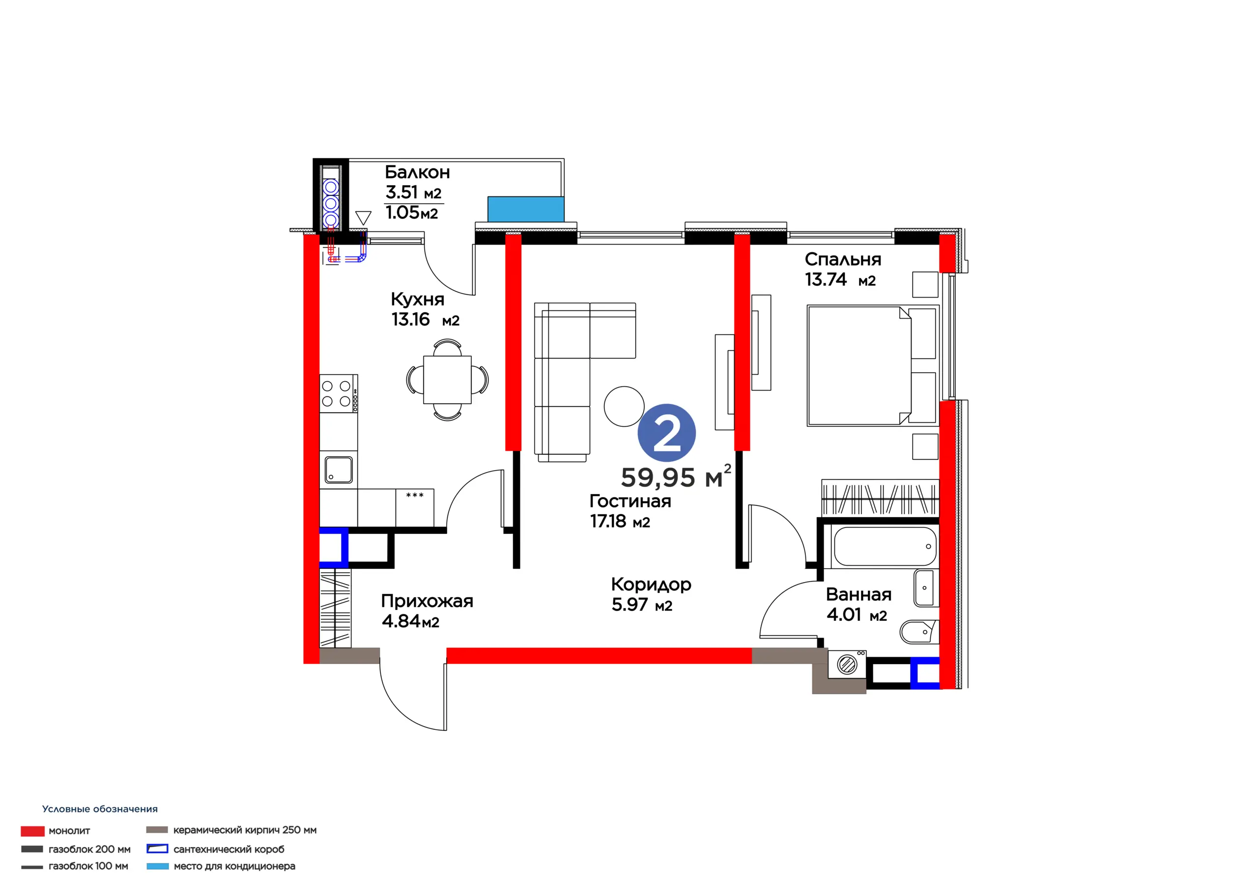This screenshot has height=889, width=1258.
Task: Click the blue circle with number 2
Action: click(666, 433)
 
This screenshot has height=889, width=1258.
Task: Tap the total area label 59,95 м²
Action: click(676, 476)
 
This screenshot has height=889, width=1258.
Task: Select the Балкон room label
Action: click(418, 172)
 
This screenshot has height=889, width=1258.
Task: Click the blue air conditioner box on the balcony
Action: click(525, 209)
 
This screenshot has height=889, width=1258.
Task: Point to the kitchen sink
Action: click(339, 470)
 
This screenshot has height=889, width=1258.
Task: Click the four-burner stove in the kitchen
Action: click(339, 393)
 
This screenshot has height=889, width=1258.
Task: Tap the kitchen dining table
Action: click(447, 379)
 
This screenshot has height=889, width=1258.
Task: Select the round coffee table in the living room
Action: click(624, 406)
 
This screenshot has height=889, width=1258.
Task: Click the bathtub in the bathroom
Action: click(885, 546)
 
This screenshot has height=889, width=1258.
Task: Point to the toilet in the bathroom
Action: click(919, 632)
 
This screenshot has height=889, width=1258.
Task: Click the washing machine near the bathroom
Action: click(847, 665)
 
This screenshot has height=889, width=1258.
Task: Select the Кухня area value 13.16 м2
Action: click(425, 319)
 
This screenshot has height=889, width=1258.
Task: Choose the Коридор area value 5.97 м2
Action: click(642, 605)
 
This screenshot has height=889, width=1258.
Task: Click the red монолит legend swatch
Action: click(32, 831)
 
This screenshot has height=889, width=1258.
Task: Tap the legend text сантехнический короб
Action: click(229, 849)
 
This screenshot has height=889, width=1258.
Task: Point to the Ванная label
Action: click(858, 594)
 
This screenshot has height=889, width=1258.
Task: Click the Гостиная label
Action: click(630, 500)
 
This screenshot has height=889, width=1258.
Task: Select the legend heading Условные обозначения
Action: click(100, 809)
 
